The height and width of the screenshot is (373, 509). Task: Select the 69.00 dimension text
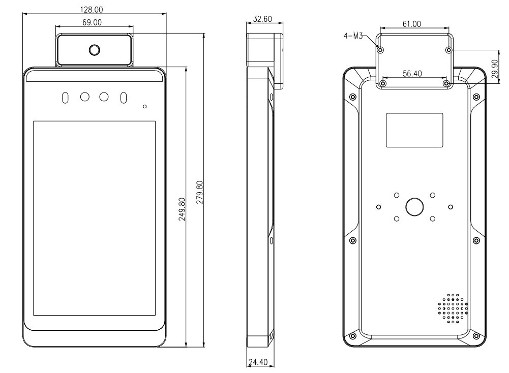tap(92, 22)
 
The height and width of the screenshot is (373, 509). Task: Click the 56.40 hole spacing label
tap(412, 74)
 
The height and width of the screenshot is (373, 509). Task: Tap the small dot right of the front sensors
tap(145, 107)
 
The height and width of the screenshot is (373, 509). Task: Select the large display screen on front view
tap(94, 219)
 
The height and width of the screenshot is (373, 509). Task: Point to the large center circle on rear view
tap(414, 206)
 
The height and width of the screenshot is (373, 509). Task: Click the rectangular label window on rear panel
tap(414, 131)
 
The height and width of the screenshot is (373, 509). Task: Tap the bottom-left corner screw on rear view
tap(353, 335)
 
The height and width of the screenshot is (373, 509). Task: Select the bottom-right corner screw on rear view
tap(476, 335)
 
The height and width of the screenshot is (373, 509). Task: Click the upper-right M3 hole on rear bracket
tap(448, 50)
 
